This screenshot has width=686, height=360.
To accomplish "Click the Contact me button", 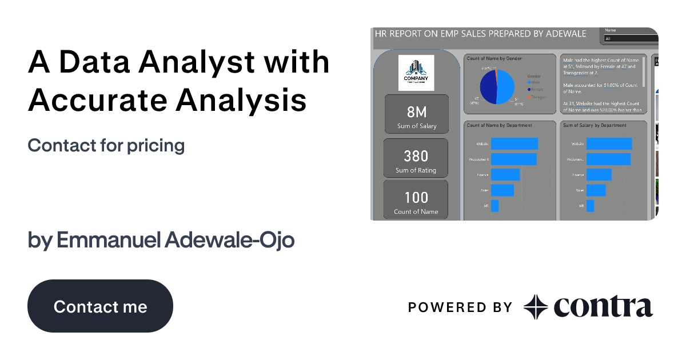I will tap(100, 306).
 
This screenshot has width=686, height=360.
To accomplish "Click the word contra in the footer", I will tap(603, 307).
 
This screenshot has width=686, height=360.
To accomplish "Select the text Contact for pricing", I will tap(106, 146).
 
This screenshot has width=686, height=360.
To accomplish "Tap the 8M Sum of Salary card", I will tap(417, 115).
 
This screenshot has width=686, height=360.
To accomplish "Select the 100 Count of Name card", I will tap(416, 201).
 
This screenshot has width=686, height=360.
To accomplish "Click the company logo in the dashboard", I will tap(416, 73).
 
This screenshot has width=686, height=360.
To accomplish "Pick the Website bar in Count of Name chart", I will tap(514, 144).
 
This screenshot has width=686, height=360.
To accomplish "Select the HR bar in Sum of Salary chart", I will tap(590, 206).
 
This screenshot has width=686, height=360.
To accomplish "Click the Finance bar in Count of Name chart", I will tap(505, 175).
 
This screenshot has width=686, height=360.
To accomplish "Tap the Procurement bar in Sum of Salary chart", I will tap(608, 159).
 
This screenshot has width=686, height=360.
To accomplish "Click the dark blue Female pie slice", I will tap(488, 87).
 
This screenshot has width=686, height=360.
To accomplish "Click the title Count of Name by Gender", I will tap(494, 59).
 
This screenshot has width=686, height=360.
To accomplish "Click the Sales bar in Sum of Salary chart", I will tap(596, 190).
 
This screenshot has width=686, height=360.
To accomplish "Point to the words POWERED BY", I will tap(460, 307).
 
